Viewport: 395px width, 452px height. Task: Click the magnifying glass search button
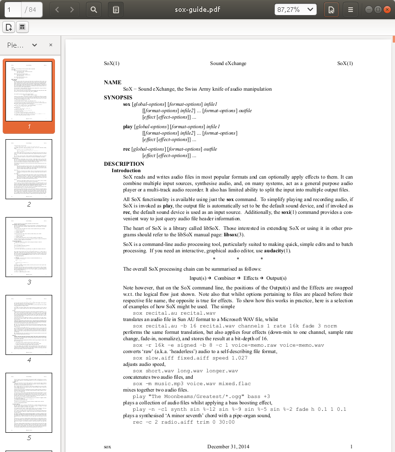(93, 9)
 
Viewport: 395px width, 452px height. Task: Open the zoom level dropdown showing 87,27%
(296, 9)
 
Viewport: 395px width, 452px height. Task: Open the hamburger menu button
(350, 9)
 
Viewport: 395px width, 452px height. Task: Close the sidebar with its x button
(51, 45)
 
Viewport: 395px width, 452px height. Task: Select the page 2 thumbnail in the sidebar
(29, 169)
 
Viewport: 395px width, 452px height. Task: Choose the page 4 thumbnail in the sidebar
(29, 325)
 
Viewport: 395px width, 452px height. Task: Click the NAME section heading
(113, 82)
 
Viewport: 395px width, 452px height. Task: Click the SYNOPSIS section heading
(118, 98)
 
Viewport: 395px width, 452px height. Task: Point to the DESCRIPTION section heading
(124, 164)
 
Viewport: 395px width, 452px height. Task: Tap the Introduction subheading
(126, 170)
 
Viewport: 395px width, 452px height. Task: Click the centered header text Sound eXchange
(228, 64)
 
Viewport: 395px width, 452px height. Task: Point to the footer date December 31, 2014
(228, 447)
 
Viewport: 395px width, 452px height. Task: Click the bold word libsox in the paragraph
(230, 235)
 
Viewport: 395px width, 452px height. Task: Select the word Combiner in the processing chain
(224, 278)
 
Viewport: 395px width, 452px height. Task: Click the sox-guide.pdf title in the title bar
(198, 9)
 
